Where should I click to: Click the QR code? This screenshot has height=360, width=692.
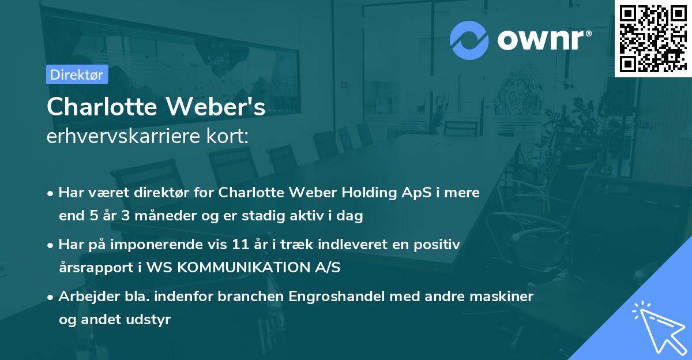coord(652,37)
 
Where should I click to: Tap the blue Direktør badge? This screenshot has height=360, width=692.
coord(77,74)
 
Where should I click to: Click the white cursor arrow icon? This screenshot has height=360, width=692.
coord(657,328)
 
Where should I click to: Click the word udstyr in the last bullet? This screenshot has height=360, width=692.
coord(151,320)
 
